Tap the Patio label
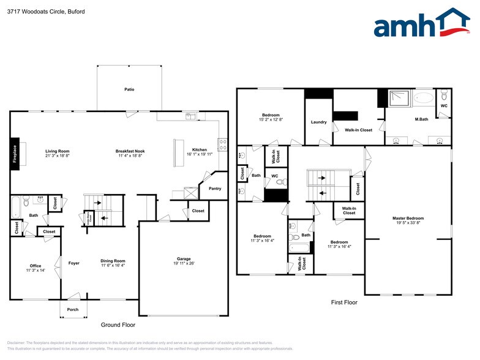(129, 89)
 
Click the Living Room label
(58, 151)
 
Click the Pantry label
(215, 189)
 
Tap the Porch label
(73, 309)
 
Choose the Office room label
(36, 265)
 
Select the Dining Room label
(113, 261)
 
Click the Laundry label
(318, 122)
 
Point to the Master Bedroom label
(408, 218)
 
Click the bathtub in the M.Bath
(423, 97)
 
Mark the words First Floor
(344, 302)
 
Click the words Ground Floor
(118, 325)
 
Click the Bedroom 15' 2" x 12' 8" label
(271, 115)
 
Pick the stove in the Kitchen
(223, 145)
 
